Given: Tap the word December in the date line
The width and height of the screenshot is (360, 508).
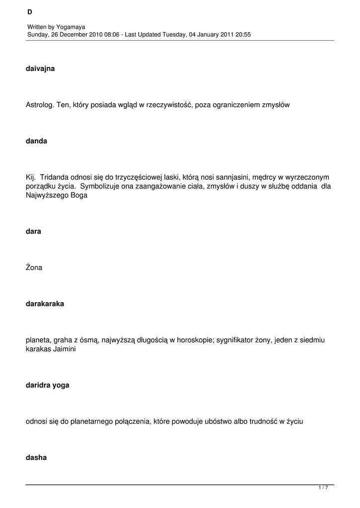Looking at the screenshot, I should (76, 34).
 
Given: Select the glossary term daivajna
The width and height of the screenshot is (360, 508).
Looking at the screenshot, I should (40, 68).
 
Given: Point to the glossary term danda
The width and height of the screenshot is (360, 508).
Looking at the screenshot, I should (36, 141).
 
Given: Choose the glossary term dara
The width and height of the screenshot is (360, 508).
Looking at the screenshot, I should (33, 231).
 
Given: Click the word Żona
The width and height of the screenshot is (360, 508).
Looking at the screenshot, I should (34, 267).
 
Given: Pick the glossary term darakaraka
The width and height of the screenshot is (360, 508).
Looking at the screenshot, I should (45, 304).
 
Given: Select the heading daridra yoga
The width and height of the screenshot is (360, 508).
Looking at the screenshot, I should (47, 385).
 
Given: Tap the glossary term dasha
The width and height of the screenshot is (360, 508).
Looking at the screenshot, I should (36, 457).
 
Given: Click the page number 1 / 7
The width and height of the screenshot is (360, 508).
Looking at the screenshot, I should (323, 488).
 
